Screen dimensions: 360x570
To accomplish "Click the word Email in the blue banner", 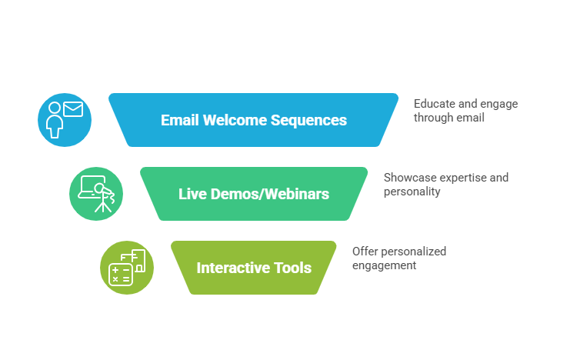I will pos(179,121).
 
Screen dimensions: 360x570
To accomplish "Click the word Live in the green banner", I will pos(192,194).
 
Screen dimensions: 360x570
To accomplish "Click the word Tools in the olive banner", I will pos(293,268).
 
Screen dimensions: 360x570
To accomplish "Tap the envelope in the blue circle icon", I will pos(73,110).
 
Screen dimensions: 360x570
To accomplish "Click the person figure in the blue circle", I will pos(55,121).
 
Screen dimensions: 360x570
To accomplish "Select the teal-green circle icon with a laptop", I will pos(96,194).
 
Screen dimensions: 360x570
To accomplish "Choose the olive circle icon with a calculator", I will pos(127,268).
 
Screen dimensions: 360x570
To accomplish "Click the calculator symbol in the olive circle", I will pos(120,274).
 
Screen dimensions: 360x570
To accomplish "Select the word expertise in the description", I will pos(464,178).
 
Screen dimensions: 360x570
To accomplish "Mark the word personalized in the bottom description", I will pos(414,252).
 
